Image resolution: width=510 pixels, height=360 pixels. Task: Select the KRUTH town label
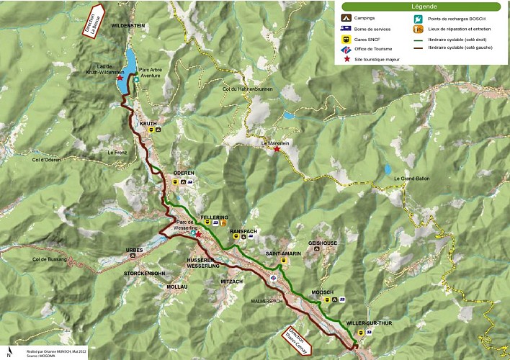click(148, 123)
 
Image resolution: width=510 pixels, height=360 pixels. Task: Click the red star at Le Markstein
click(277, 149)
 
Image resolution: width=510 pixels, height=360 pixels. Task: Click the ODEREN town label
click(184, 174)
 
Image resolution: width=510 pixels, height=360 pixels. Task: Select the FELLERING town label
click(215, 217)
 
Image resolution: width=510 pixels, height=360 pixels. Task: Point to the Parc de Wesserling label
click(184, 225)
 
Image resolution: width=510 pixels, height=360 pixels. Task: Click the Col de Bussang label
click(50, 258)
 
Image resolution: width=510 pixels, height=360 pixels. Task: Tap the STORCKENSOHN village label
click(145, 274)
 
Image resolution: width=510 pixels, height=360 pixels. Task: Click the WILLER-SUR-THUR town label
click(367, 324)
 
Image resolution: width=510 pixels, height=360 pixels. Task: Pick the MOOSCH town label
click(321, 292)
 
